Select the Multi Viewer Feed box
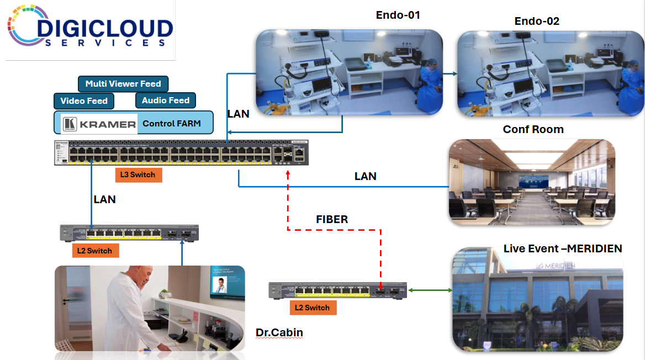[123, 84]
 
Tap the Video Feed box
[84, 100]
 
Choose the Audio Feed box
[166, 100]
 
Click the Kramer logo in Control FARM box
[99, 124]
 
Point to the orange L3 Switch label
[139, 175]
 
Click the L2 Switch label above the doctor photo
[95, 251]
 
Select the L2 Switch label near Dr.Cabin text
[313, 308]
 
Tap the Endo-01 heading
[398, 15]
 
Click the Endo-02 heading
[537, 21]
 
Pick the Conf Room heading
[533, 129]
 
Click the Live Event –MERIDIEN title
[563, 248]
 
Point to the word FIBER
[332, 219]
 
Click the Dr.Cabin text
[279, 332]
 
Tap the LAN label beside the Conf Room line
[365, 176]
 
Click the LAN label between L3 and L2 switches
[104, 199]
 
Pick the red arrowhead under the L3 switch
[288, 174]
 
